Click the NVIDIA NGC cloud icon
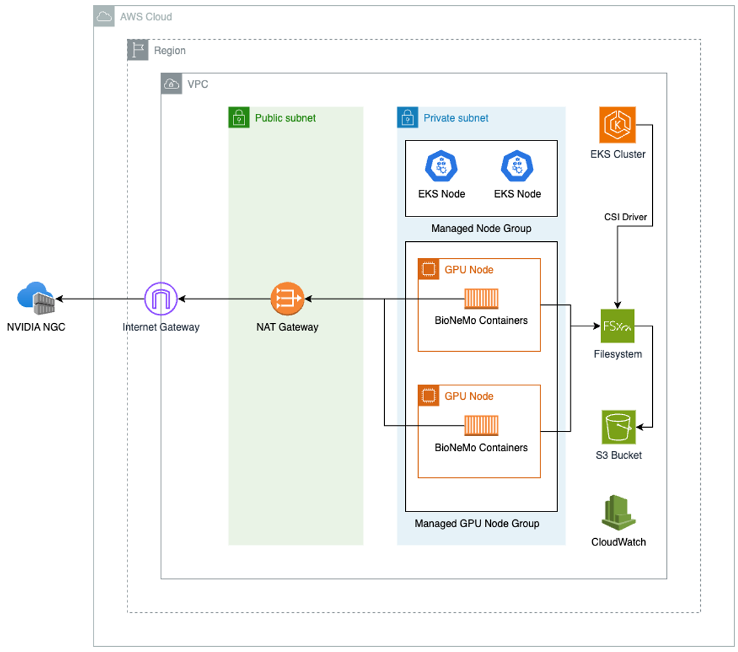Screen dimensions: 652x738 pos(36,298)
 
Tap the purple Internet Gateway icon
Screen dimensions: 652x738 pos(161,299)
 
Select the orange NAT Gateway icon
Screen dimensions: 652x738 pos(287,299)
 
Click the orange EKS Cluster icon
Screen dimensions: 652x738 pos(617,125)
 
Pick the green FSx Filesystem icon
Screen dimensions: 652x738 pos(618,326)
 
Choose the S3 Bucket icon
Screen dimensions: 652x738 pos(618,427)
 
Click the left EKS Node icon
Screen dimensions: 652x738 pos(441,166)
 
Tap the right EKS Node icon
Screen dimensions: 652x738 pos(517,166)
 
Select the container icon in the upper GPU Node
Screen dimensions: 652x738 pos(481,298)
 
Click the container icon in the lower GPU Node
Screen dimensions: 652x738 pos(481,426)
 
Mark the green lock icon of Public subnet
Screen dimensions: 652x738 pos(239,118)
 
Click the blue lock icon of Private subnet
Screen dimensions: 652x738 pos(407,118)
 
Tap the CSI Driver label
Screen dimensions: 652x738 pos(625,217)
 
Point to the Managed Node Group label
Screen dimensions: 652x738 pos(481,228)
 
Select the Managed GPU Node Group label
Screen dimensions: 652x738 pos(477,523)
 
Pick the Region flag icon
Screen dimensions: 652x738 pos(137,51)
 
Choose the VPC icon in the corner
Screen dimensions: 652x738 pos(171,84)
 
